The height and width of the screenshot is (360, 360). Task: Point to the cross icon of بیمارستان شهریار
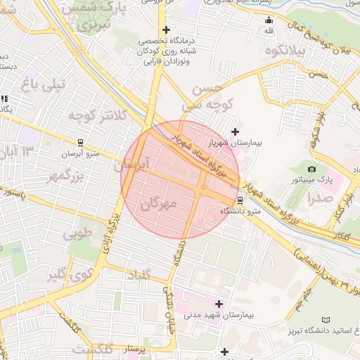pos(235,131)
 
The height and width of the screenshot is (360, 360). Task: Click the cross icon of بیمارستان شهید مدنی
pos(219,304)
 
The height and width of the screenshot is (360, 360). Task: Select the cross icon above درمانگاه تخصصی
pos(166,30)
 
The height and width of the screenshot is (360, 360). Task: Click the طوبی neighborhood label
pos(78,233)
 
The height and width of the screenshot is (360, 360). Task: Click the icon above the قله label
pos(269,19)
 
